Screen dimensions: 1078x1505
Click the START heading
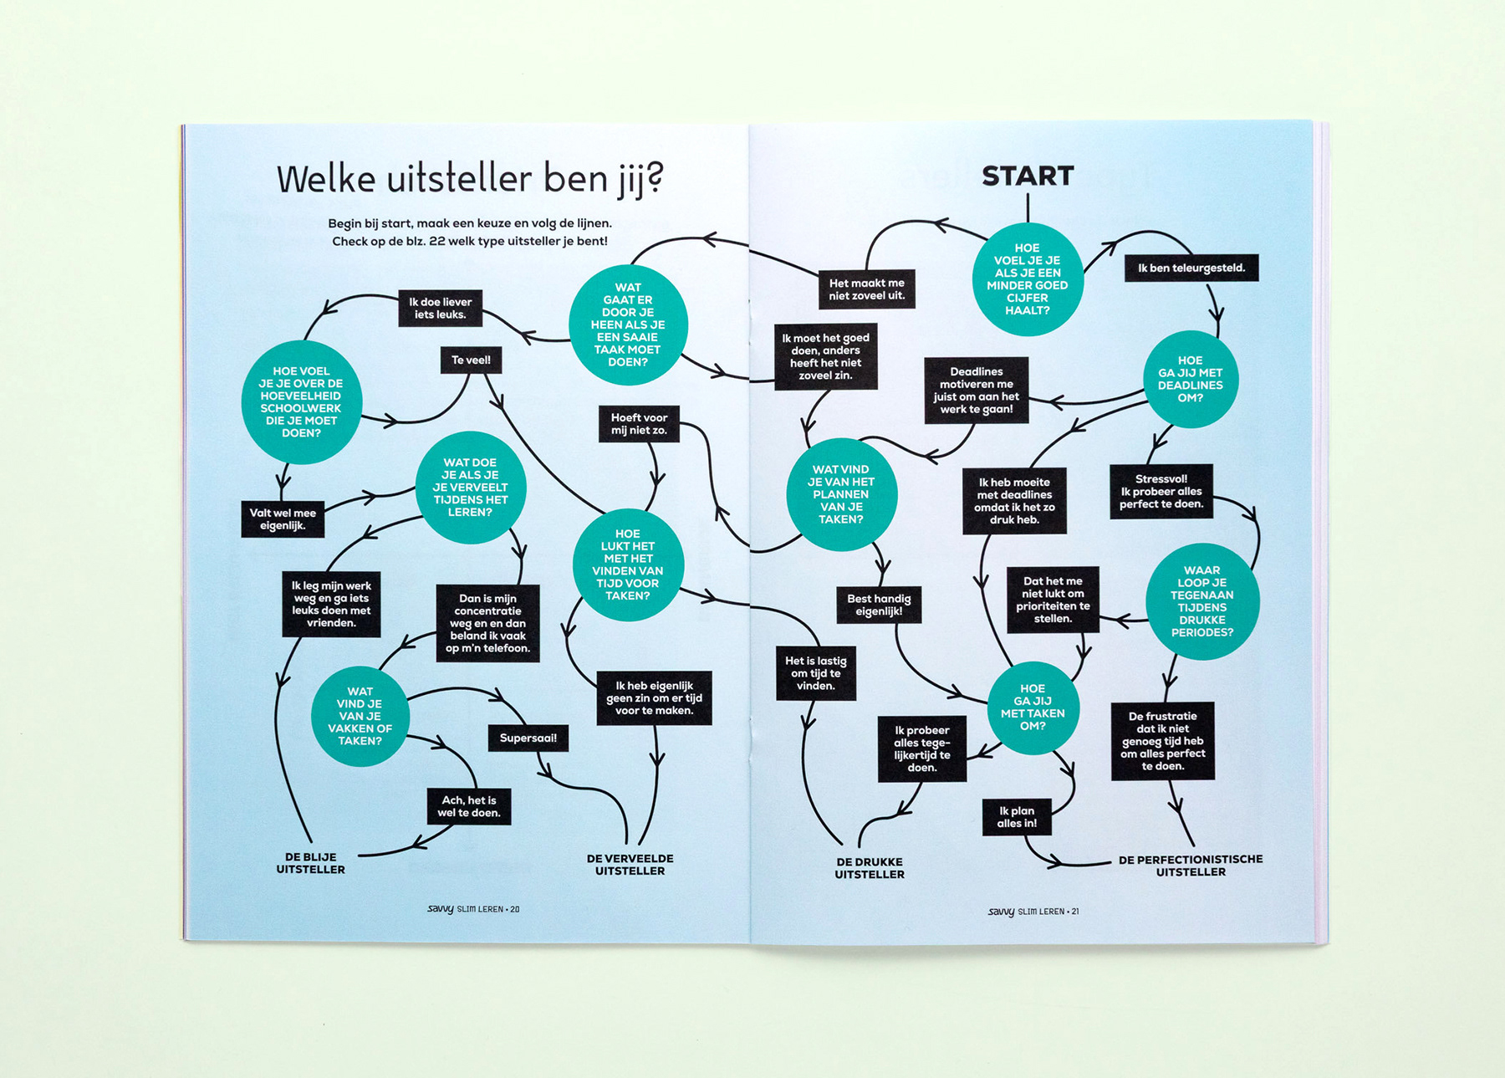click(1027, 176)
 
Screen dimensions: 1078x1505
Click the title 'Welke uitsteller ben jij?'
click(470, 179)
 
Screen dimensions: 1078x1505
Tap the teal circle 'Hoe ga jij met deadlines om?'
click(1190, 379)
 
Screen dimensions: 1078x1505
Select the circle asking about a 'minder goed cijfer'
click(1027, 279)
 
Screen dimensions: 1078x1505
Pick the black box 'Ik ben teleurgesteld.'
click(1191, 268)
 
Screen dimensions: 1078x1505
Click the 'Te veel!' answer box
click(471, 360)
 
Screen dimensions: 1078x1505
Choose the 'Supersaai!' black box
click(528, 738)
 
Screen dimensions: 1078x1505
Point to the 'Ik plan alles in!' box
click(1016, 817)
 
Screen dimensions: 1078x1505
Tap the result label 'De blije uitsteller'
click(310, 863)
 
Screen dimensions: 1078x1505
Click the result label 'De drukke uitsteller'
click(869, 868)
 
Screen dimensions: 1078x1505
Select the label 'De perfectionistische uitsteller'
click(1190, 866)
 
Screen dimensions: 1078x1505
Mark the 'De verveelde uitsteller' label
click(630, 865)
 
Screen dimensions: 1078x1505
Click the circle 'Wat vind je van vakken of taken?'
click(360, 716)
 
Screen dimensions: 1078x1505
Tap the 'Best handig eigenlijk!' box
click(878, 605)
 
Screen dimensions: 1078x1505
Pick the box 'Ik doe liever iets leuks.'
click(440, 308)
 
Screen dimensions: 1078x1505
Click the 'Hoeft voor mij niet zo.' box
click(639, 424)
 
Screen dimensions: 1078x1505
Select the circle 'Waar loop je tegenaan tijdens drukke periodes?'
click(1201, 601)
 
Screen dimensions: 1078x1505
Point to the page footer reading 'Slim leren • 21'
click(1033, 912)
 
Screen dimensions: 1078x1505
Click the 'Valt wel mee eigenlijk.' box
click(283, 519)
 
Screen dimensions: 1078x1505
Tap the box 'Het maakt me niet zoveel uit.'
click(866, 289)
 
